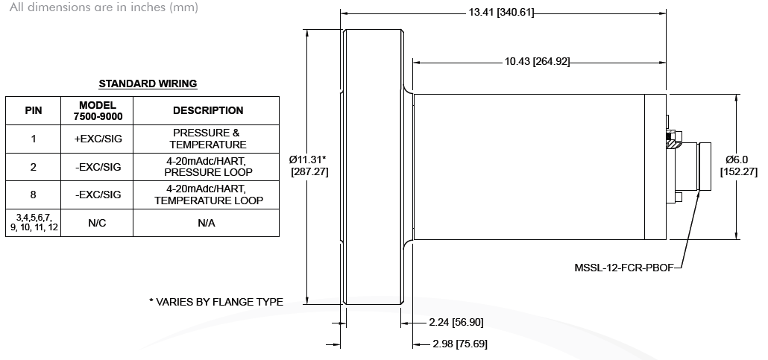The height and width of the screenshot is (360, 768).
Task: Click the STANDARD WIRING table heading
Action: [148, 83]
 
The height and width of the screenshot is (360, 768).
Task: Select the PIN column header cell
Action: [34, 111]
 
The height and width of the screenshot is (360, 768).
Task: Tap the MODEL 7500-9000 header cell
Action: [97, 111]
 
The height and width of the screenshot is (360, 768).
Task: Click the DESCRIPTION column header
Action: [207, 111]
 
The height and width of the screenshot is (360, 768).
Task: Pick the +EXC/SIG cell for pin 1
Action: [97, 139]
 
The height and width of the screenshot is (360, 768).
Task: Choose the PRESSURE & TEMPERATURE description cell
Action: [207, 139]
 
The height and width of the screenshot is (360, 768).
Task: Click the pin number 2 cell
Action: [34, 167]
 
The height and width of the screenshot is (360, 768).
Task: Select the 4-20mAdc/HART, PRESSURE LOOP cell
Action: [207, 167]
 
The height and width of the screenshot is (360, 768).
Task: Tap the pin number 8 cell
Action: [34, 195]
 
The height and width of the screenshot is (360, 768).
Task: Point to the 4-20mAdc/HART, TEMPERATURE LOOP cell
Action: [207, 195]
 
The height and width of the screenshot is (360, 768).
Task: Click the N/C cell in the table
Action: [97, 223]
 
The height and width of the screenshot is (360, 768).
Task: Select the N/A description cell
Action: [207, 223]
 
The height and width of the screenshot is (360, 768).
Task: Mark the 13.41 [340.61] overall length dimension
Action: [501, 12]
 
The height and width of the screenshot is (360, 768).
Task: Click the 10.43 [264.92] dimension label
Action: [538, 62]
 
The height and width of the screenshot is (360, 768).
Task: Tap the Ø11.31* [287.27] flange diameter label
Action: [309, 165]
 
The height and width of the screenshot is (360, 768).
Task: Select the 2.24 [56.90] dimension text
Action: [456, 322]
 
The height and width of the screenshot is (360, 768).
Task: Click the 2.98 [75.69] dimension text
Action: [460, 344]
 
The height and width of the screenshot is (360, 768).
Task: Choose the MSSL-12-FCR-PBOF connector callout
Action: [624, 268]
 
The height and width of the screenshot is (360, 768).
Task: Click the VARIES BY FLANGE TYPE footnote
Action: [216, 302]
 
